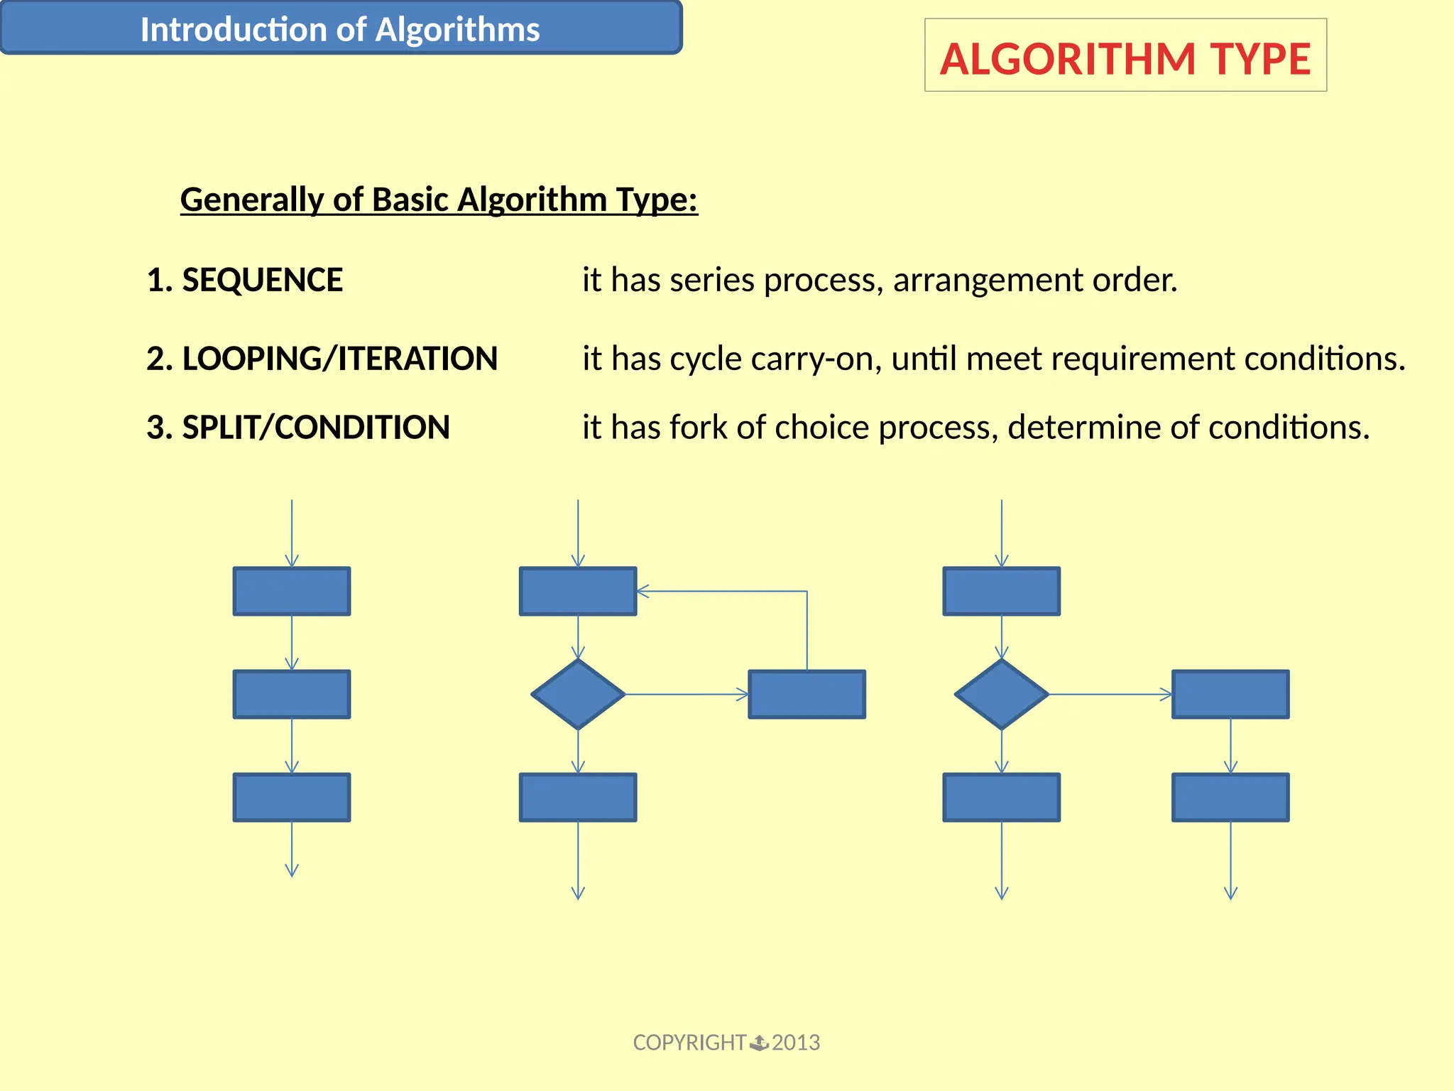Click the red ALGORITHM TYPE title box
[1125, 56]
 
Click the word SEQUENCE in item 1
[262, 280]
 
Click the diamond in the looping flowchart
[578, 694]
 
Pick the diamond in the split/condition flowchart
[1001, 694]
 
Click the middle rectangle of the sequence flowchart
[292, 694]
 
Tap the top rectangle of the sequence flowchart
[292, 591]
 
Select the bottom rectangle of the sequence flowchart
[292, 798]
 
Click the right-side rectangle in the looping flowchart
[807, 694]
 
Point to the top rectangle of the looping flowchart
[578, 591]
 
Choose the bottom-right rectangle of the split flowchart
[1230, 798]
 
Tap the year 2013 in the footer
[796, 1043]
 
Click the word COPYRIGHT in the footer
[689, 1043]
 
